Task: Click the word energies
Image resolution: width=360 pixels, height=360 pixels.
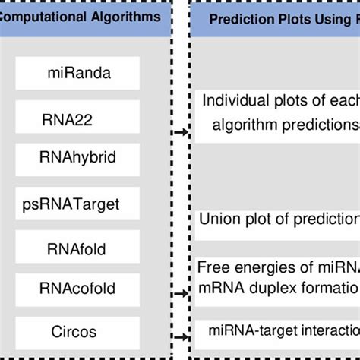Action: (x=257, y=267)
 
